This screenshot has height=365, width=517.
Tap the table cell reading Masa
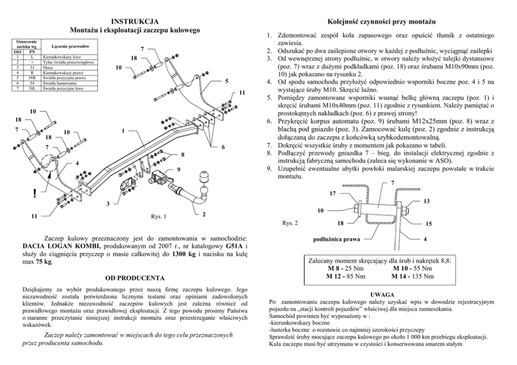[47, 67]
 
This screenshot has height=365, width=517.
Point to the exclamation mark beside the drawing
[34, 193]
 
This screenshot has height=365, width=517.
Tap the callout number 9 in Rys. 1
[179, 170]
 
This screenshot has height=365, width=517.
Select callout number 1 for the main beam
[123, 131]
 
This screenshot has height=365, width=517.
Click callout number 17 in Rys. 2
[333, 194]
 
